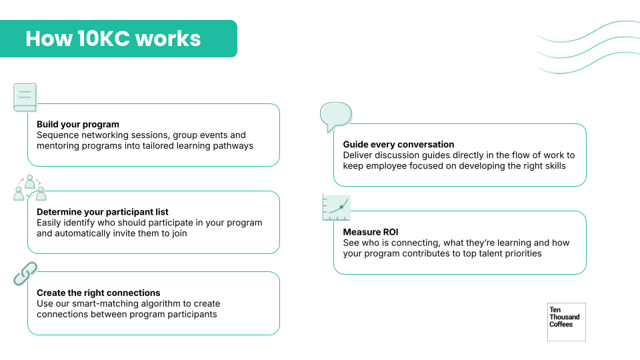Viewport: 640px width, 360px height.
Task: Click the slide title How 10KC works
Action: tap(113, 39)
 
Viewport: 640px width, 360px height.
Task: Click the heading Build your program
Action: tap(78, 124)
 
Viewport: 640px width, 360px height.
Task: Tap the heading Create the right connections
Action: tap(99, 293)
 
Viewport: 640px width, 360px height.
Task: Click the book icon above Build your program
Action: tap(25, 97)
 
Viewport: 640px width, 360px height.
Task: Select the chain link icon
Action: tap(25, 273)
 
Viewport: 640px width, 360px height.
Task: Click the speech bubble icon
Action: tap(335, 116)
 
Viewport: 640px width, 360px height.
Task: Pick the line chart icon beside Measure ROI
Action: tap(337, 207)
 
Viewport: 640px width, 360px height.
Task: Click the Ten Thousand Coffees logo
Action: tap(566, 322)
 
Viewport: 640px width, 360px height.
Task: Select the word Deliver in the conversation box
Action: tap(359, 155)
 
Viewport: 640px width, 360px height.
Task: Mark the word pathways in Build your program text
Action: tap(233, 145)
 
